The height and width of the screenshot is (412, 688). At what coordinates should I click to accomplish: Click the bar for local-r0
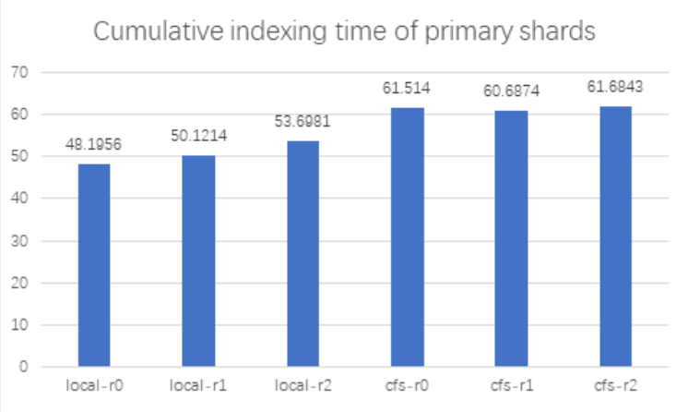pyautogui.click(x=94, y=266)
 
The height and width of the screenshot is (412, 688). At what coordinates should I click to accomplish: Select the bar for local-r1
pyautogui.click(x=198, y=261)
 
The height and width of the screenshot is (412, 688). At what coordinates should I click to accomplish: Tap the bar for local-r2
pyautogui.click(x=302, y=254)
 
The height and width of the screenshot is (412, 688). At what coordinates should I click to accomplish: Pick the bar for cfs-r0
pyautogui.click(x=408, y=237)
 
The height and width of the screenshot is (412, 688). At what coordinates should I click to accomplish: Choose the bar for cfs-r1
pyautogui.click(x=512, y=239)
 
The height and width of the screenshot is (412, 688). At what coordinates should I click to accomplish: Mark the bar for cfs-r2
pyautogui.click(x=616, y=237)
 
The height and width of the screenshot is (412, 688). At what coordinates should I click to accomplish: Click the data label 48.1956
pyautogui.click(x=94, y=144)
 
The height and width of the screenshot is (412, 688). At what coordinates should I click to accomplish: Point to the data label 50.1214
pyautogui.click(x=198, y=135)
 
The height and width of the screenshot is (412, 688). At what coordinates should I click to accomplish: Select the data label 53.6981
pyautogui.click(x=302, y=121)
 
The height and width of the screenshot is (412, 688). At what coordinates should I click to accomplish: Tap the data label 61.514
pyautogui.click(x=408, y=88)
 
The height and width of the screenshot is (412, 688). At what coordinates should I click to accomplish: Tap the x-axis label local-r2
pyautogui.click(x=302, y=384)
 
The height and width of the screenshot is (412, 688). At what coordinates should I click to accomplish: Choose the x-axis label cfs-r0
pyautogui.click(x=408, y=384)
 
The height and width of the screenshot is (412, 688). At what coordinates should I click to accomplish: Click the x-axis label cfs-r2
pyautogui.click(x=616, y=384)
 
